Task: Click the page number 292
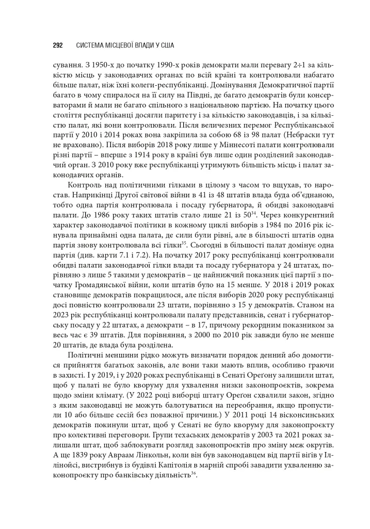coord(58,45)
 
